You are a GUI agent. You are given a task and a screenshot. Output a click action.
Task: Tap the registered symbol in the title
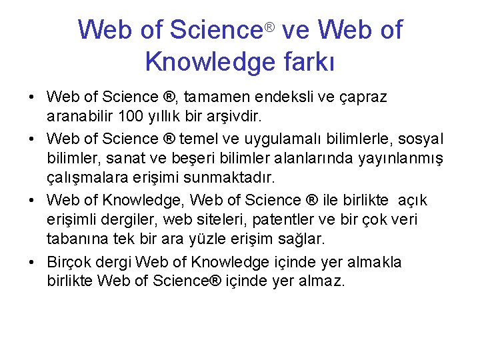pyautogui.click(x=269, y=27)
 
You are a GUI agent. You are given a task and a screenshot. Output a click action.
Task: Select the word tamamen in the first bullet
pyautogui.click(x=219, y=97)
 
